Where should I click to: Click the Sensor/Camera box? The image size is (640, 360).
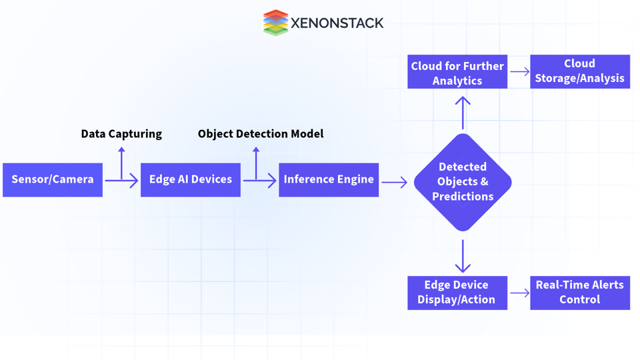pyautogui.click(x=53, y=180)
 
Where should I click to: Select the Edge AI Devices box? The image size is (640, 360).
pyautogui.click(x=191, y=180)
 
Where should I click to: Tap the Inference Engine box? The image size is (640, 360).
pyautogui.click(x=329, y=180)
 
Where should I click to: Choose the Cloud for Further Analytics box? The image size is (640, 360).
pyautogui.click(x=457, y=72)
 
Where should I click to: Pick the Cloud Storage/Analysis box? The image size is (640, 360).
pyautogui.click(x=580, y=72)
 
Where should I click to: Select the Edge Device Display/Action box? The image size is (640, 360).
pyautogui.click(x=457, y=293)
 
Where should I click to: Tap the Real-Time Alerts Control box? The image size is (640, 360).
pyautogui.click(x=580, y=293)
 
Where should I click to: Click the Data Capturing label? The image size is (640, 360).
pyautogui.click(x=121, y=134)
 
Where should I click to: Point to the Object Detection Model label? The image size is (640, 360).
pyautogui.click(x=261, y=134)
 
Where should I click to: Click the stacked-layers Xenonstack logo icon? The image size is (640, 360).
pyautogui.click(x=275, y=23)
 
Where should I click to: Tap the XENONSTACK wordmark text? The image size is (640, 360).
pyautogui.click(x=337, y=23)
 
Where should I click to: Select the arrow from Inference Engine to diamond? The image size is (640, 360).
pyautogui.click(x=395, y=182)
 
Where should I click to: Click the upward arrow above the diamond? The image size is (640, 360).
pyautogui.click(x=463, y=112)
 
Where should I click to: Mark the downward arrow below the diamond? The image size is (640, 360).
pyautogui.click(x=463, y=255)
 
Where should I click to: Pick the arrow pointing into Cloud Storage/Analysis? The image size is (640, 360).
pyautogui.click(x=519, y=72)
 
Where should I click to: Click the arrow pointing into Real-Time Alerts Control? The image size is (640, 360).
pyautogui.click(x=519, y=293)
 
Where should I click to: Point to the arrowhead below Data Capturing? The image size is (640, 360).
pyautogui.click(x=121, y=151)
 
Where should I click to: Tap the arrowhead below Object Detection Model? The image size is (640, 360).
pyautogui.click(x=256, y=151)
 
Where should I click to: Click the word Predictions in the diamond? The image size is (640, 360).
pyautogui.click(x=463, y=197)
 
